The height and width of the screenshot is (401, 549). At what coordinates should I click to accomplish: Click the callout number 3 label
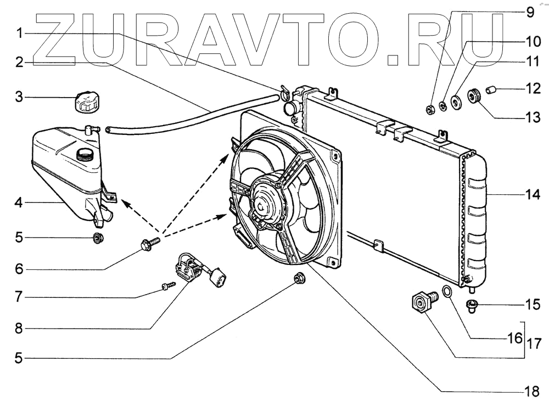pos(19,98)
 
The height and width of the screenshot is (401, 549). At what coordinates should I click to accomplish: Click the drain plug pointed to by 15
pos(472,305)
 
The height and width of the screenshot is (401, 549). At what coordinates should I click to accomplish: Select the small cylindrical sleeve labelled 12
pos(492,89)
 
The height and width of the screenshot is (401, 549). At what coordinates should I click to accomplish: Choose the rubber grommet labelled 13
pos(473,95)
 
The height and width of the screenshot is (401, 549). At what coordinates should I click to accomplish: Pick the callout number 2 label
pos(19,63)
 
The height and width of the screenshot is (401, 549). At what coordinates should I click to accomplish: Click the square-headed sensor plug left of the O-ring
pos(422,302)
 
